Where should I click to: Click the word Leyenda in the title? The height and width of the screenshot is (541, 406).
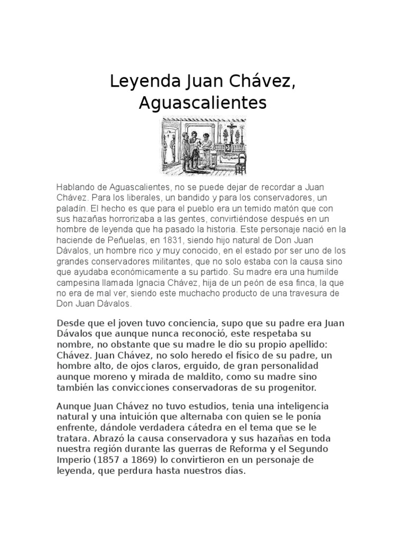click(139, 82)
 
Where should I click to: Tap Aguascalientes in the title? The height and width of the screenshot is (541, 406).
click(203, 102)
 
